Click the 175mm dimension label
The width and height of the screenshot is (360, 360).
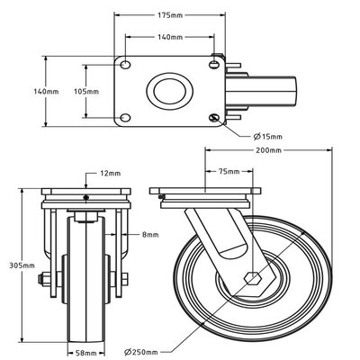click(169, 15)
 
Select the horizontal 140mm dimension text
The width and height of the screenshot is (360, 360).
click(169, 38)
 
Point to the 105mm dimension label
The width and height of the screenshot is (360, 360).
click(69, 91)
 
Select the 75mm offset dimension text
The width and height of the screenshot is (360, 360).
click(229, 170)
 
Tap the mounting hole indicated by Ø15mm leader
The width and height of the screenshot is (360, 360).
click(213, 119)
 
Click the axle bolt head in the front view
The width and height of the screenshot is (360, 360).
click(40, 288)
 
